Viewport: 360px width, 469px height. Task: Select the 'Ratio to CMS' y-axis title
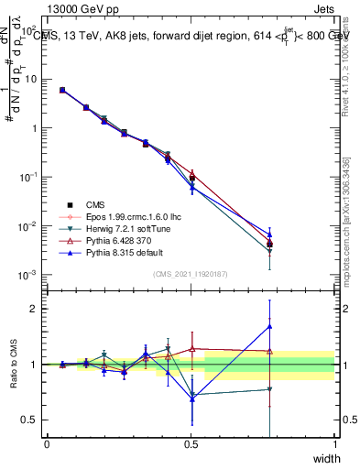coord(16,365)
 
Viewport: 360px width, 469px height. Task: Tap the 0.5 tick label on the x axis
coord(191,443)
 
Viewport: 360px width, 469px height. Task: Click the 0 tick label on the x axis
coord(47,443)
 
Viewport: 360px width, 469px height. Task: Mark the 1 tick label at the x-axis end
coord(334,443)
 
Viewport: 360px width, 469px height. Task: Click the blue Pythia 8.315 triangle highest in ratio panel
coord(269,326)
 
